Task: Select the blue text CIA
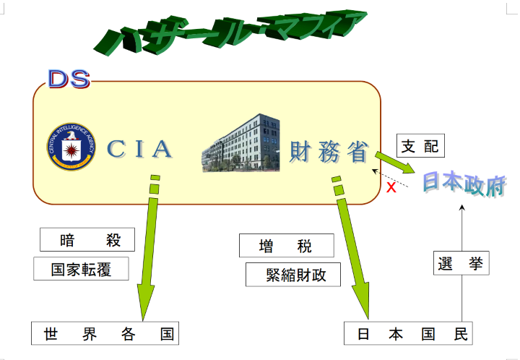point(140,149)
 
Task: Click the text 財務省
point(329,151)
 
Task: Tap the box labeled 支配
point(420,146)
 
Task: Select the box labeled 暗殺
point(87,240)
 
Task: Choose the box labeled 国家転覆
point(82,269)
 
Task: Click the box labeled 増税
point(286,246)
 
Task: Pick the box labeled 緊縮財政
point(292,275)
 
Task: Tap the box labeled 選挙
point(461,263)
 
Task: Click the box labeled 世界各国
point(105,334)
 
